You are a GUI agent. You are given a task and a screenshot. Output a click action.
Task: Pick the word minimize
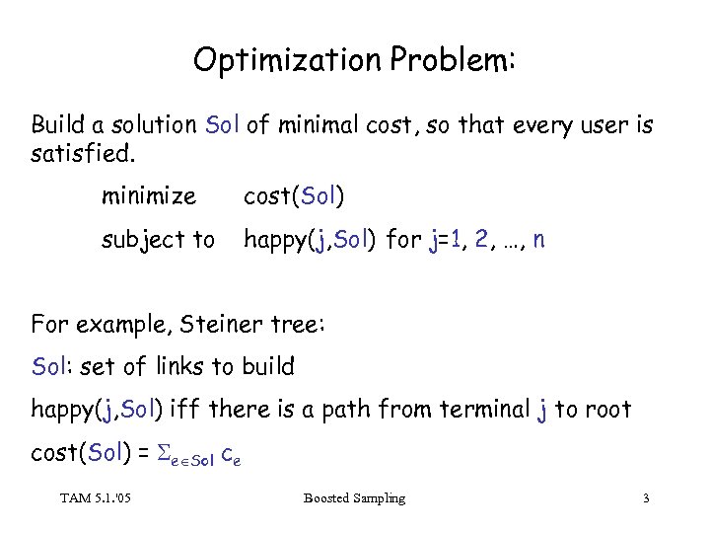tap(148, 196)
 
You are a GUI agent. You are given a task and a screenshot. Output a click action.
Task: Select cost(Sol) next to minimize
tap(294, 196)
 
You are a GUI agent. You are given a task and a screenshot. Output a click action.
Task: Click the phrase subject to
tap(157, 240)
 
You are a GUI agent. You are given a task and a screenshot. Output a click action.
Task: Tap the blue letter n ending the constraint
tap(537, 240)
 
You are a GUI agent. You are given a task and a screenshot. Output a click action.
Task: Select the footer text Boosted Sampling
tap(355, 498)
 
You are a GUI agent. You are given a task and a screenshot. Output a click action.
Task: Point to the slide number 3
tap(645, 498)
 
